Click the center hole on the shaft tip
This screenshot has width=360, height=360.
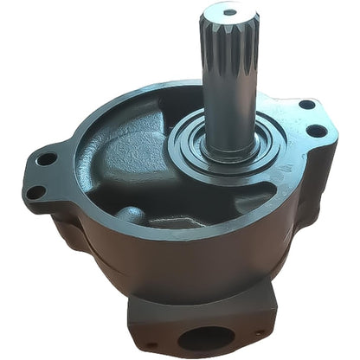[228, 12]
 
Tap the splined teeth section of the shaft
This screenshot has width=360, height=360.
[228, 52]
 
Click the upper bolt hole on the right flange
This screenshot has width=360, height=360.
[307, 105]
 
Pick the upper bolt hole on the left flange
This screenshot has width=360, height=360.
[47, 158]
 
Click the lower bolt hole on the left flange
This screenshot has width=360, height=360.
[37, 192]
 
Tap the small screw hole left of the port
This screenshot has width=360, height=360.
[149, 345]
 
